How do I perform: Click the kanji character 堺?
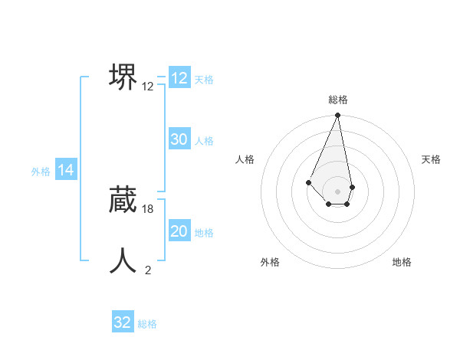click(123, 77)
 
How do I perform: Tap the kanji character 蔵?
click(123, 199)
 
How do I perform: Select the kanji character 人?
click(123, 260)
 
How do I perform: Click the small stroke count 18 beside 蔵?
click(148, 209)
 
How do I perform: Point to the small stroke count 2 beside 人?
click(148, 270)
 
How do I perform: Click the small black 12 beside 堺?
click(148, 87)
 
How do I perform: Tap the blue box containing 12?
click(179, 78)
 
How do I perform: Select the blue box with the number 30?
click(179, 139)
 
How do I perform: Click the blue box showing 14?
click(66, 171)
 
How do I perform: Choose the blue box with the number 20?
click(179, 231)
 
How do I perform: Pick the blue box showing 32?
click(123, 322)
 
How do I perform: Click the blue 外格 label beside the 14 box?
click(41, 172)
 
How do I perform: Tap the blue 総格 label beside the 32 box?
click(147, 324)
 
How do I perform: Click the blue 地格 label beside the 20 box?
click(204, 233)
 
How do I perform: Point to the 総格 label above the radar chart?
click(338, 100)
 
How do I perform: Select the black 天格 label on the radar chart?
click(431, 159)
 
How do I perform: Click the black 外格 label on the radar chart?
click(270, 262)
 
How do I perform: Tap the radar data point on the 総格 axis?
click(338, 116)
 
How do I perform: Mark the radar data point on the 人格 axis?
click(308, 182)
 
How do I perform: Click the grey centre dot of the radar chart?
click(338, 191)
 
